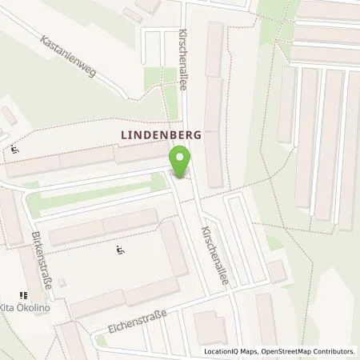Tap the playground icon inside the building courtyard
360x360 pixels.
point(119,252)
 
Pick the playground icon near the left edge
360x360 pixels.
point(15,148)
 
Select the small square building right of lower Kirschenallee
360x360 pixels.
point(276,273)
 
